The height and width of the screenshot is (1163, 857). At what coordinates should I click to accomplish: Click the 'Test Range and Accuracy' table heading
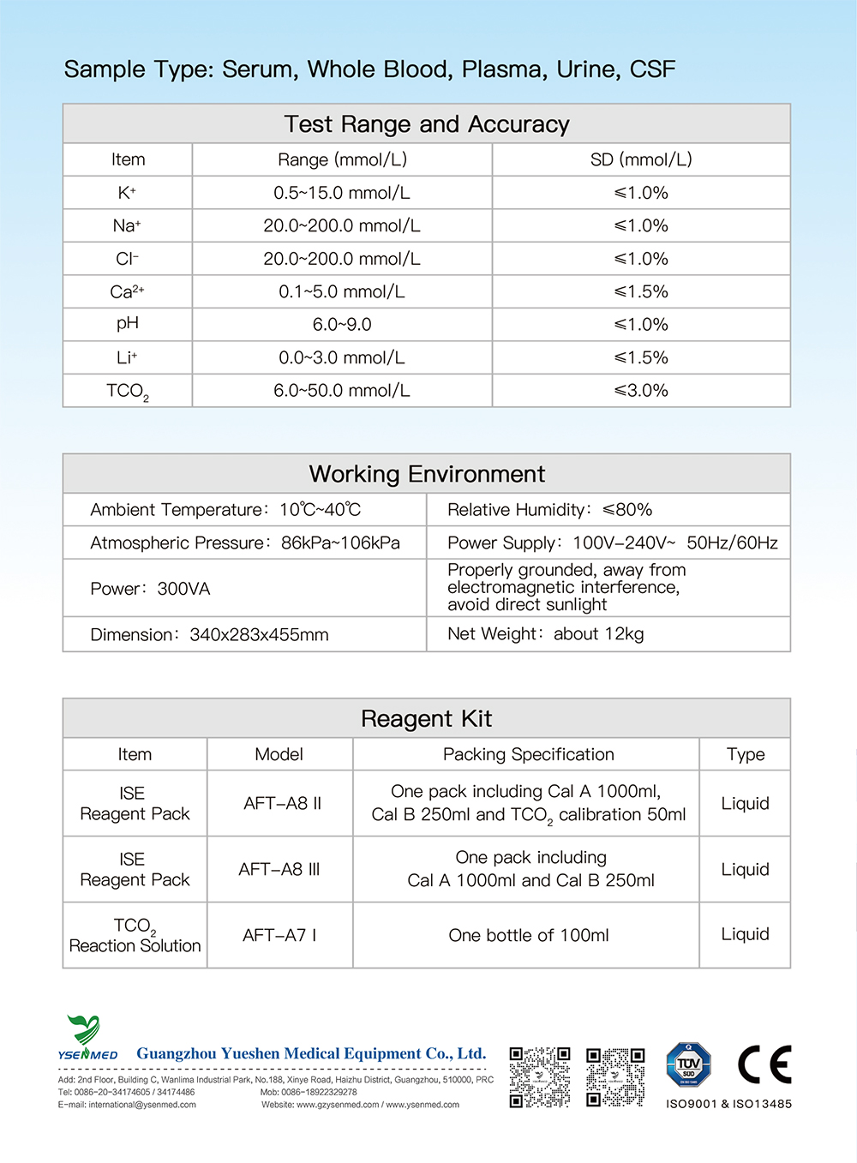(427, 124)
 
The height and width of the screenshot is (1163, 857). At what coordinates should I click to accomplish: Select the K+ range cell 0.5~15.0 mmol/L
(342, 193)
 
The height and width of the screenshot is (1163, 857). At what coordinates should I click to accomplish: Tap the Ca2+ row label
(127, 291)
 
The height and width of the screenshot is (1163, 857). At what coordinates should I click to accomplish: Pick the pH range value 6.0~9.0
(342, 325)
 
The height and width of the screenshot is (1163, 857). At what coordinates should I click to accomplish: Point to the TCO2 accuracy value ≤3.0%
(641, 391)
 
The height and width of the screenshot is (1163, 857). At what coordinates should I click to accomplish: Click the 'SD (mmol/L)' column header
(641, 159)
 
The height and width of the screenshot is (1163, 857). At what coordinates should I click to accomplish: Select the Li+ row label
(127, 357)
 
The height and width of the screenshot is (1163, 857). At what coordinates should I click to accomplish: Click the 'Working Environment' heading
(427, 474)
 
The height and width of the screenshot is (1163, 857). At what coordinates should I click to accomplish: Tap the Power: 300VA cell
(151, 589)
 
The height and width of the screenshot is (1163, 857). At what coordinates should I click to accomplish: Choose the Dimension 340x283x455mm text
(210, 635)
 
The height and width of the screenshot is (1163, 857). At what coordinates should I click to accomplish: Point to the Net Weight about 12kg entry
(546, 634)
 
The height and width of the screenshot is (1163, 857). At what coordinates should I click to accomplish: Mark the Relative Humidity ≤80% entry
(550, 510)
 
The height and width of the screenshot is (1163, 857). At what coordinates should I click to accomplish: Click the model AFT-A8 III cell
(279, 869)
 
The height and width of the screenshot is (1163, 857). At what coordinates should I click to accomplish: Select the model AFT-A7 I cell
(279, 935)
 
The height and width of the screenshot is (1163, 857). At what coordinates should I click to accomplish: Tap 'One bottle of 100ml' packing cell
(529, 935)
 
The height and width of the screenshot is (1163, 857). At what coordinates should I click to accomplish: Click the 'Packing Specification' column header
(529, 754)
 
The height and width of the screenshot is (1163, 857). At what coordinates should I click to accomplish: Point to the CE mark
(764, 1064)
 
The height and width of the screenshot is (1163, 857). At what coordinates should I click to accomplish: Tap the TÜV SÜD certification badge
(688, 1065)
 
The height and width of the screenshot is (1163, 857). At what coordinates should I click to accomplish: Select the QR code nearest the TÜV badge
(615, 1076)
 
